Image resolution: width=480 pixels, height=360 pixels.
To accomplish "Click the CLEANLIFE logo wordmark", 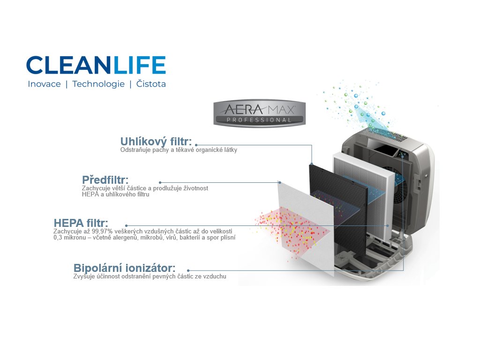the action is point(96,65).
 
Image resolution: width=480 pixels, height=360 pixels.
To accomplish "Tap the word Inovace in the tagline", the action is point(44,84).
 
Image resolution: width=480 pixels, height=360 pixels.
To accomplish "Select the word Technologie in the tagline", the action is point(98,84).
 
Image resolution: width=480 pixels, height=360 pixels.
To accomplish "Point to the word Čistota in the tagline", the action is point(151,84).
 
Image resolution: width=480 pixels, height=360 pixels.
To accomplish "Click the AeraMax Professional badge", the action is point(259,113).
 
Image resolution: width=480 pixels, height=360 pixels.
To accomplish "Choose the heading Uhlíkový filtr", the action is point(156,142).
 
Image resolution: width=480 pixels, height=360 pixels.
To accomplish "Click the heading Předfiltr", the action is point(105,180).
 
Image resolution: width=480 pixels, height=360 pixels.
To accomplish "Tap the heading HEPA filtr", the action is point(81,223).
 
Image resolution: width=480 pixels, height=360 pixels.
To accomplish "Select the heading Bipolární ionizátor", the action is point(124,268).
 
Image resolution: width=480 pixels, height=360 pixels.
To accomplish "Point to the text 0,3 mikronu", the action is point(69,238).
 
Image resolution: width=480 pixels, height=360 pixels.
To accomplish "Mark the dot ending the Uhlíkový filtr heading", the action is point(196,145).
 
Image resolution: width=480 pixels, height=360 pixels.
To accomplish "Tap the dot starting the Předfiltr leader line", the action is point(160,182).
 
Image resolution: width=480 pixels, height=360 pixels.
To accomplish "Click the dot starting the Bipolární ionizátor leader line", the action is point(188,270).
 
